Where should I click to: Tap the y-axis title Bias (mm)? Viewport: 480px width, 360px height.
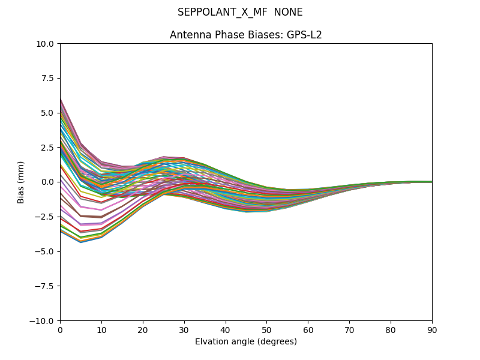21,182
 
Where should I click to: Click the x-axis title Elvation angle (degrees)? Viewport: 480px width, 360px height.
246,342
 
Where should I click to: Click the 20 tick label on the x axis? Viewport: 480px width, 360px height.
143,330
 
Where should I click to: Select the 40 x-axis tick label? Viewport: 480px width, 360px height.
226,330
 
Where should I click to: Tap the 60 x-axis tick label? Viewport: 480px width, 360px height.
308,330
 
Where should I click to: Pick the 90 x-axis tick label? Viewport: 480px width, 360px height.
432,330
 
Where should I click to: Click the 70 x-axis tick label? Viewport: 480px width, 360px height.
349,330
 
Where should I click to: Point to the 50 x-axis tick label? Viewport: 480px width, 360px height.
266,330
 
